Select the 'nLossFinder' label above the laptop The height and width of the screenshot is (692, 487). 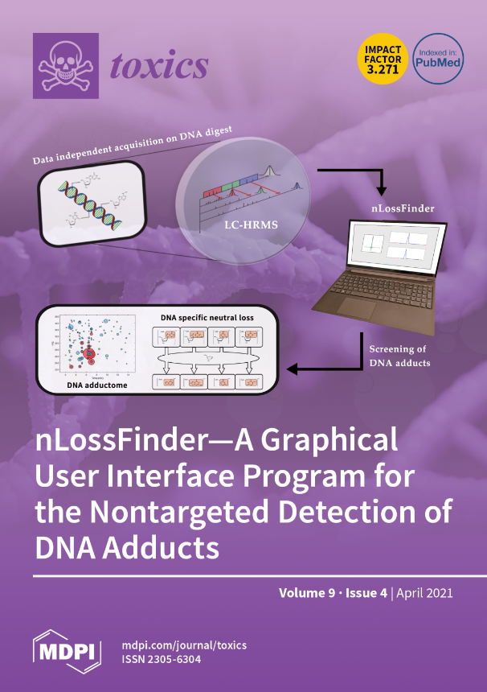[x=403, y=208]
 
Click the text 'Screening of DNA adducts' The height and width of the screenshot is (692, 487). [x=399, y=357]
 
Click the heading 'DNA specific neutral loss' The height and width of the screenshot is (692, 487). [x=207, y=318]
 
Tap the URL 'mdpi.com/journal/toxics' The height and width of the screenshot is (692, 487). [x=184, y=645]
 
